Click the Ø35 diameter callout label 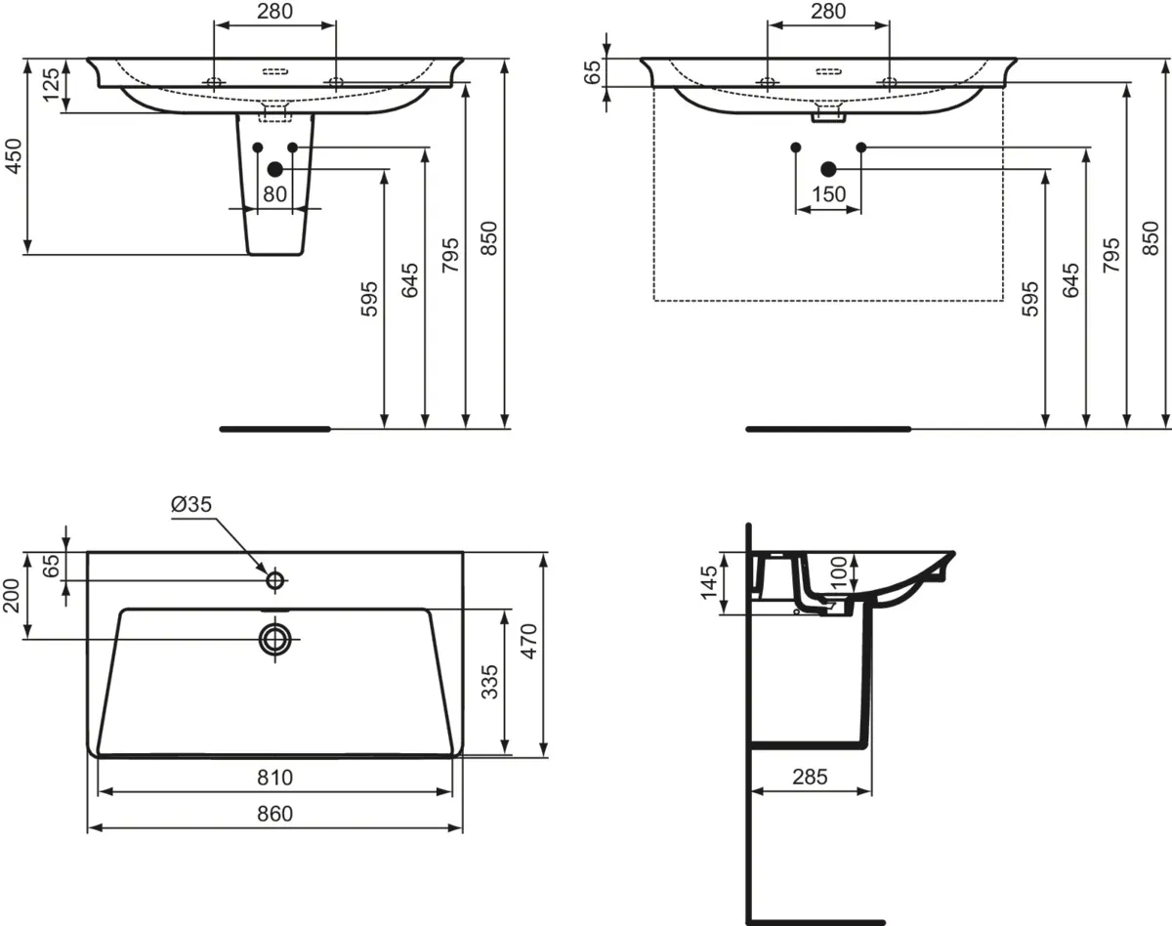click(191, 504)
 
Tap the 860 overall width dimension click(275, 814)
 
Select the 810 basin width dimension click(275, 778)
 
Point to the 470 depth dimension click(528, 641)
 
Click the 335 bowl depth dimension click(489, 682)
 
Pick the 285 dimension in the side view click(810, 777)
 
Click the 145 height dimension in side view click(709, 583)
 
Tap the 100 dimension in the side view click(839, 572)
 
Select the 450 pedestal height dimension click(13, 156)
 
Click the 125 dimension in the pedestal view click(52, 84)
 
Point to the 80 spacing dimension click(274, 194)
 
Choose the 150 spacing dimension click(828, 194)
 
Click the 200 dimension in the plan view click(12, 596)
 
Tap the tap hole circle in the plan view click(275, 580)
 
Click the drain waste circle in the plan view click(275, 639)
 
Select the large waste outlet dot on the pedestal click(275, 169)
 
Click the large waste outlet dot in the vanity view click(828, 169)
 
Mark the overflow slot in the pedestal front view click(275, 71)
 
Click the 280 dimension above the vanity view click(828, 11)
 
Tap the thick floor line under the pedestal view click(275, 429)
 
